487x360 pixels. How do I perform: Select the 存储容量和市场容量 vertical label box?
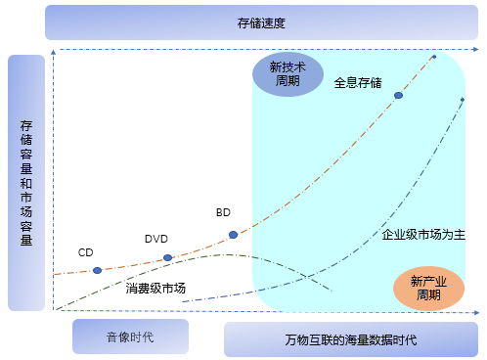pos(25,183)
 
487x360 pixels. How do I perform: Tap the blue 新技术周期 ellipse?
pos(288,74)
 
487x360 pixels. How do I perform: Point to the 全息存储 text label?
pos(358,82)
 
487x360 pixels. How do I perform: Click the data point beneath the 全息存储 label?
pos(398,96)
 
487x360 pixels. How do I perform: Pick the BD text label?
pos(223,212)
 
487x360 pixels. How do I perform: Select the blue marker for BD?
pos(233,235)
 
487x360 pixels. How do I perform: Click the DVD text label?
pos(156,239)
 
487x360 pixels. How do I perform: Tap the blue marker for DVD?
pos(167,258)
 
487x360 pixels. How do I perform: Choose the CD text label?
pos(85,252)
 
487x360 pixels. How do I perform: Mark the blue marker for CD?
pos(97,270)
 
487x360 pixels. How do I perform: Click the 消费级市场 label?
pos(156,289)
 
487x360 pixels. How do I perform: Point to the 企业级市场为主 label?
pos(423,235)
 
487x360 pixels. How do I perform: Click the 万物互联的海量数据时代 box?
pos(351,339)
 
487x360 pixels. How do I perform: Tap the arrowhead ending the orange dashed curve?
pos(434,56)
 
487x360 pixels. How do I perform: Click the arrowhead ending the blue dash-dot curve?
pos(463,99)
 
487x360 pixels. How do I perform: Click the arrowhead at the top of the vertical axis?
pos(57,52)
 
